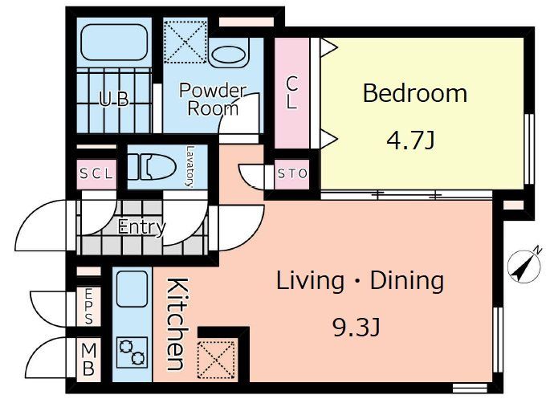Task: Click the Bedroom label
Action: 415,93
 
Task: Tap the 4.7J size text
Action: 411,140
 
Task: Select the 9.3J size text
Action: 356,328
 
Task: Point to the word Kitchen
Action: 177,324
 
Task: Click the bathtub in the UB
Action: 114,42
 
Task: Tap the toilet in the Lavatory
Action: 152,167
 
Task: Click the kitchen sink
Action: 132,289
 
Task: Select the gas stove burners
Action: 132,352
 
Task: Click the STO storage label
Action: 292,173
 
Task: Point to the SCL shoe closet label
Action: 96,173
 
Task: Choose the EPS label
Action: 89,306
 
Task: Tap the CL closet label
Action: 291,92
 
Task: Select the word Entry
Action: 141,227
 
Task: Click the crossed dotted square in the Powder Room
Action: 185,42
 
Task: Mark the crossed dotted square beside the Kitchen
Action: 216,360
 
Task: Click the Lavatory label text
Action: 189,167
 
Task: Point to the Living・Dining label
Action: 361,281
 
